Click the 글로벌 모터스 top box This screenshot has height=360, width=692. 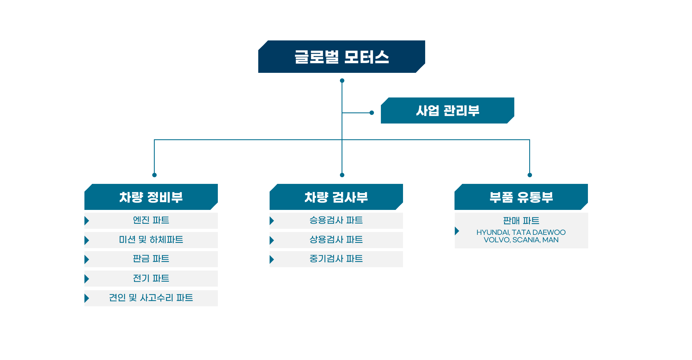342,57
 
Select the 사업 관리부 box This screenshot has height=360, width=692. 447,110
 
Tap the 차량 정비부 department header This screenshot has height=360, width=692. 151,197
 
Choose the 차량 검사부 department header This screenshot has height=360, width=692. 336,197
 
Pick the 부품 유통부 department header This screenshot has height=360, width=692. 521,197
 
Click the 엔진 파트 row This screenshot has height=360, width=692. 151,220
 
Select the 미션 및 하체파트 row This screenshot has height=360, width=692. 151,240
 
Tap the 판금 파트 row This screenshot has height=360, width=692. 151,259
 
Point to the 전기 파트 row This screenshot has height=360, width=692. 151,278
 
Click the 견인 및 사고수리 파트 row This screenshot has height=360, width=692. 151,298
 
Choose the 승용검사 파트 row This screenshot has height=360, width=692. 336,220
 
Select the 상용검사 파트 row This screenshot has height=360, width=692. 336,240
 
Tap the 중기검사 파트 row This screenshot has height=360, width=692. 336,259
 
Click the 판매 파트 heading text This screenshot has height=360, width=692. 521,221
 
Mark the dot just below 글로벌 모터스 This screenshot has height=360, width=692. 342,81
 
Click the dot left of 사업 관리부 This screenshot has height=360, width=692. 372,113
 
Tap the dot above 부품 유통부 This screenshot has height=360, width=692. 530,175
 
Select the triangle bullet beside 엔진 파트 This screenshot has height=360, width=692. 87,221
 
